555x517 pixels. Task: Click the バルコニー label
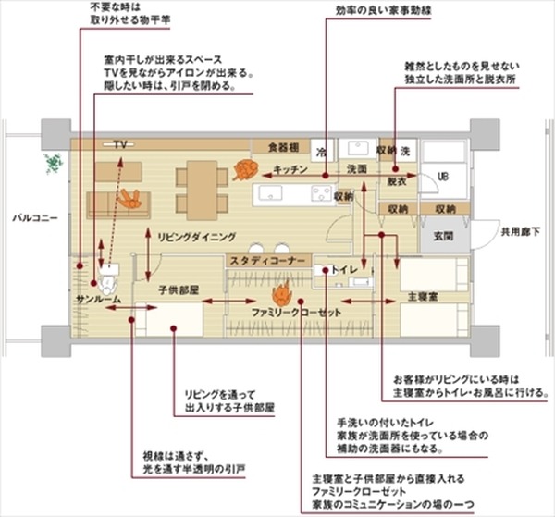[x=34, y=218]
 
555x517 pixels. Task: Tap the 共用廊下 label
[x=519, y=230]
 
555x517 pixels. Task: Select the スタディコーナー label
[x=267, y=262]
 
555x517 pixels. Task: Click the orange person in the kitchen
[x=246, y=169]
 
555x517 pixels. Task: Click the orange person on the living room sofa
[x=130, y=198]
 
